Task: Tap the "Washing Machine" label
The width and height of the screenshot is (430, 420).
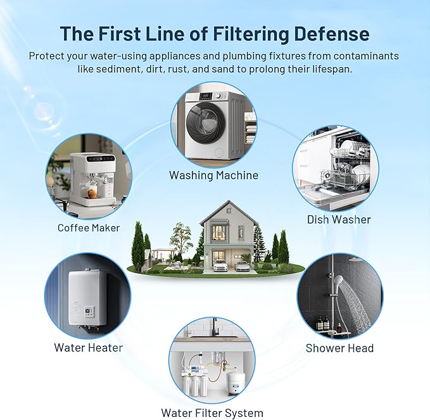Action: click(x=213, y=175)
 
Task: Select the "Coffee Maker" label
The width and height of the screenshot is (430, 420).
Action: click(x=88, y=227)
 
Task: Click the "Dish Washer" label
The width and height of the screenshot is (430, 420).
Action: click(x=339, y=219)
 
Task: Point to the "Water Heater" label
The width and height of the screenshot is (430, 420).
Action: click(x=88, y=347)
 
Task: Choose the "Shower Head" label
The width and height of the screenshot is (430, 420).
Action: click(x=339, y=348)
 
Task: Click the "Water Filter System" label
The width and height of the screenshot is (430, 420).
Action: click(x=212, y=413)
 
